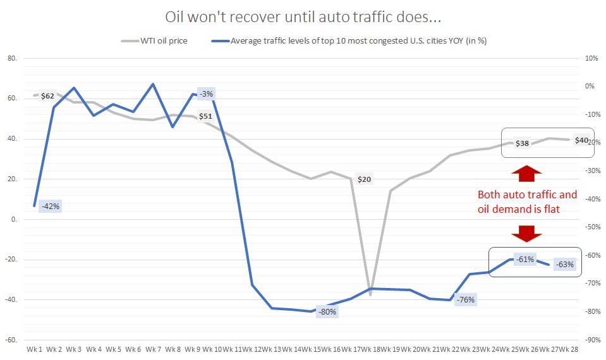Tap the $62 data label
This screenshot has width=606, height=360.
[x=48, y=96]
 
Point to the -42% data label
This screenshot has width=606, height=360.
[x=50, y=206]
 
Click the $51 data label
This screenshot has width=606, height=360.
[x=205, y=116]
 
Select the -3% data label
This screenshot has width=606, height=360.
[x=207, y=94]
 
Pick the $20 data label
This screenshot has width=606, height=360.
[x=364, y=179]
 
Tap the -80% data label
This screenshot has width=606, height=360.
[x=327, y=311]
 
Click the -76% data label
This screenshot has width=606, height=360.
[x=465, y=299]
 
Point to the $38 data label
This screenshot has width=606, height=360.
[x=522, y=143]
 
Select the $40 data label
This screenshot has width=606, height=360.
[x=581, y=140]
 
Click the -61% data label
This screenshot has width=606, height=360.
[x=525, y=259]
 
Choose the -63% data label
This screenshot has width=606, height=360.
[x=564, y=265]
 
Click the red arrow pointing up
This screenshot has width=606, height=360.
[x=526, y=174]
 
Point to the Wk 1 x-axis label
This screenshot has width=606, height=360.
[x=35, y=349]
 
